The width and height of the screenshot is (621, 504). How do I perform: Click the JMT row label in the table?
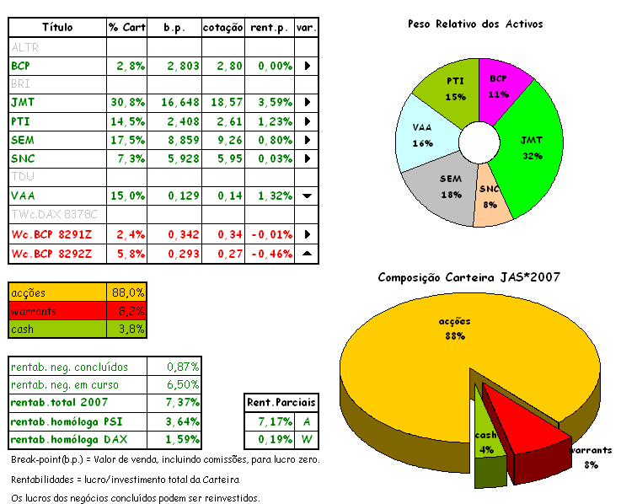tap(22, 102)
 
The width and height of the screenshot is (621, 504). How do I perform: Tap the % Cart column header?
tap(126, 28)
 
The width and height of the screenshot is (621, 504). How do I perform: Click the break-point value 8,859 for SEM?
tap(181, 140)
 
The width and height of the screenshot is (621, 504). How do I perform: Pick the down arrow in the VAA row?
tap(307, 196)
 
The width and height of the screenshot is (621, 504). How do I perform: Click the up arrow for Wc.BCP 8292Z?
tap(307, 252)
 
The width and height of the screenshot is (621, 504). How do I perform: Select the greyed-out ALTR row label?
tap(25, 47)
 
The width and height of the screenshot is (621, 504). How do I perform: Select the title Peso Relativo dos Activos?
tap(475, 24)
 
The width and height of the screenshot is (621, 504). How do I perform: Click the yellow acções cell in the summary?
tap(57, 292)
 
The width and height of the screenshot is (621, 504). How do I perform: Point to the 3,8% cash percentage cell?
tap(128, 330)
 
